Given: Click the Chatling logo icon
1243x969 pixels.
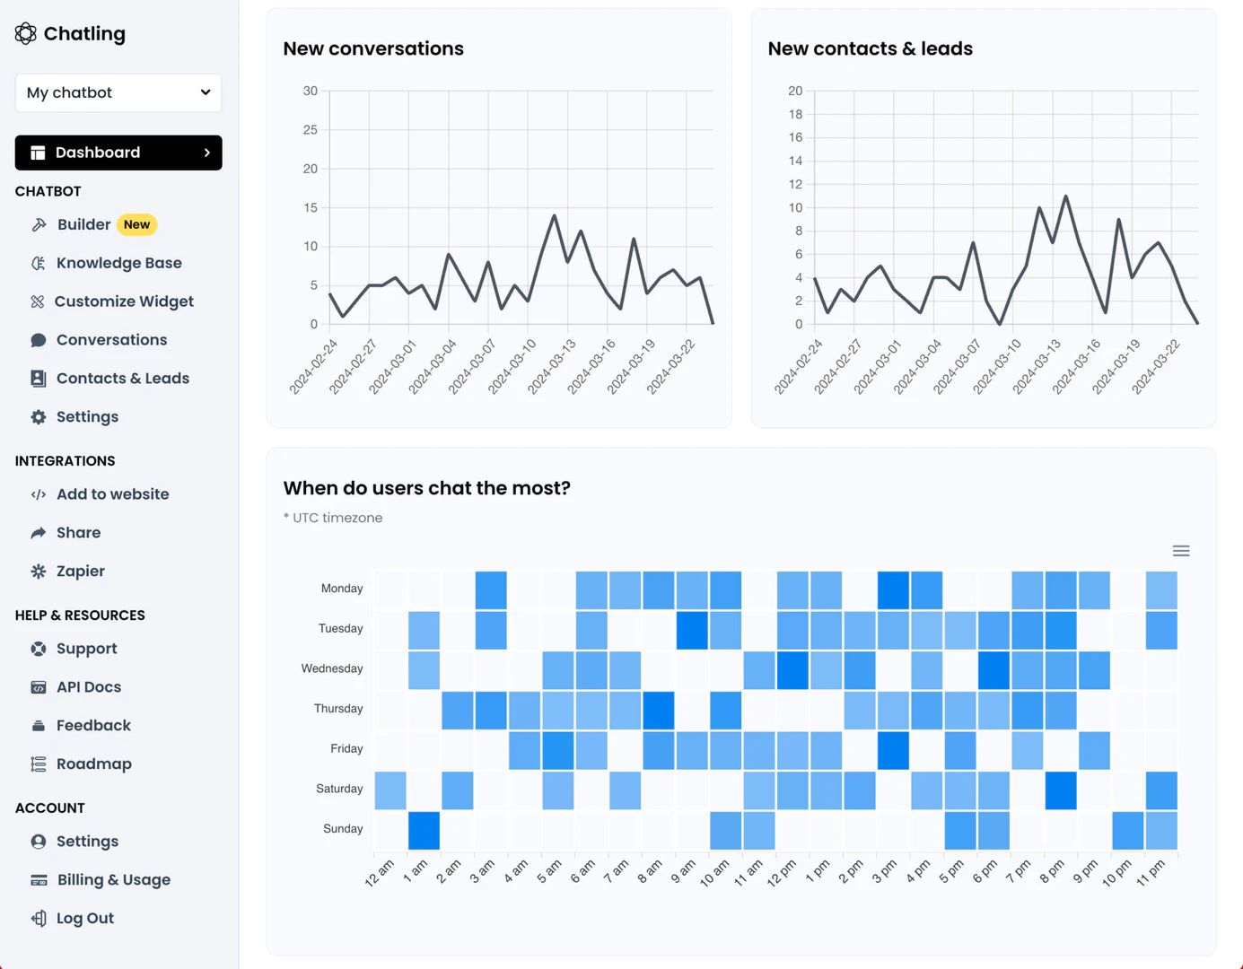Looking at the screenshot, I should click(25, 34).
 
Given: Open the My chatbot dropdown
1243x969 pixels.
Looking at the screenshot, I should click(118, 93).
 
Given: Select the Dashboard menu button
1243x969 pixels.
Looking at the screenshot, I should click(118, 153).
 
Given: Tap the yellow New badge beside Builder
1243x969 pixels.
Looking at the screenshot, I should click(136, 224).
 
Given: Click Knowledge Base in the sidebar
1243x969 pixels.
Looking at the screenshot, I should click(118, 263).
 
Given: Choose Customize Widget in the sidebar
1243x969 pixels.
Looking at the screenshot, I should click(123, 301).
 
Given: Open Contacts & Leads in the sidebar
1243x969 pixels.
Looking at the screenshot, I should click(122, 379).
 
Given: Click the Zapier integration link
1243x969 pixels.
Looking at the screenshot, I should click(80, 572).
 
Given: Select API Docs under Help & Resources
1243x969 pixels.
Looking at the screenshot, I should click(88, 687).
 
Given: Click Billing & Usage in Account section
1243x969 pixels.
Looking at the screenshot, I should click(113, 880).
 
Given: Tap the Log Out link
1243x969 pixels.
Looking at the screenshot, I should click(84, 919).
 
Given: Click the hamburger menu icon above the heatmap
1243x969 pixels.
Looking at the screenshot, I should click(1180, 551).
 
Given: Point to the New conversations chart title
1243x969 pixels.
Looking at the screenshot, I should click(373, 49).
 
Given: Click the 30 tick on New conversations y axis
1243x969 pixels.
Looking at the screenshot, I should click(311, 92).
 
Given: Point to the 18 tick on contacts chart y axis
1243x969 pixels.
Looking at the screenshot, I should click(794, 115).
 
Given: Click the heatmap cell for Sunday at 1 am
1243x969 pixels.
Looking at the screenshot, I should click(424, 830).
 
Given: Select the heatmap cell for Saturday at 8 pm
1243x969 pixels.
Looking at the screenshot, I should click(1060, 790).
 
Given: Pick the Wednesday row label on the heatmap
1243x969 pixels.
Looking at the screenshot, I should click(331, 668).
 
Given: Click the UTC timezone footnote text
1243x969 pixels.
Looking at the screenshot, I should click(333, 518).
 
